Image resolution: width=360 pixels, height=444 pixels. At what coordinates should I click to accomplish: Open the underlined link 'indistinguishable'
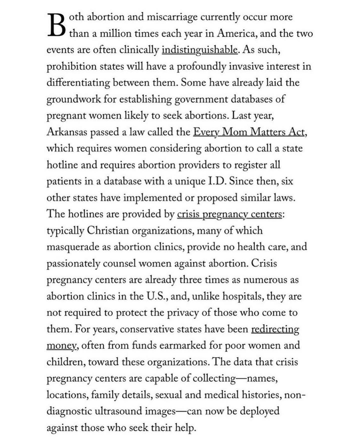click(x=199, y=50)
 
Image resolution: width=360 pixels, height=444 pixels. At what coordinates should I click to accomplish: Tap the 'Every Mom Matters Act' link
click(x=249, y=132)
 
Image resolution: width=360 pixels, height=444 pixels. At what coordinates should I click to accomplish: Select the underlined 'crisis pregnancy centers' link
click(x=229, y=214)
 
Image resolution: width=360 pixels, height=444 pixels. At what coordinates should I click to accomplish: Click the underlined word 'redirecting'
click(x=275, y=329)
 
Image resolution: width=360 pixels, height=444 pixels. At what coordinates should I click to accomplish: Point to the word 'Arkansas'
click(x=67, y=132)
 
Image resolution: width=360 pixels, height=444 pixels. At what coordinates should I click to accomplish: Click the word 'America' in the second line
click(x=237, y=34)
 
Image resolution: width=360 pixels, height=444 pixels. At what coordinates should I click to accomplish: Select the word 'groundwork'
click(x=74, y=99)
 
